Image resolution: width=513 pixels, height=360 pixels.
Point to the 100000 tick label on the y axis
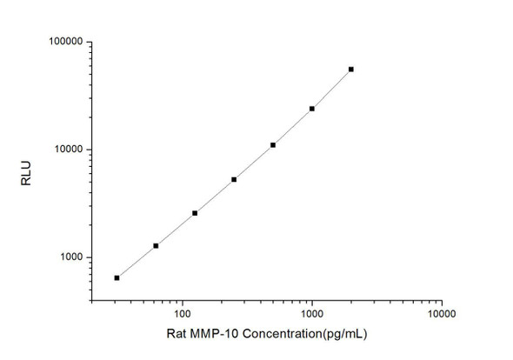[63, 42]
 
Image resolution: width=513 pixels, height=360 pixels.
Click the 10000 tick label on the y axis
[66, 150]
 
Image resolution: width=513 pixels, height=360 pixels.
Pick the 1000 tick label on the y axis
[69, 257]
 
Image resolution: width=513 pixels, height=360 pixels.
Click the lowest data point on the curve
[117, 277]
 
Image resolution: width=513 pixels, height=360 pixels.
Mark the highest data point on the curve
[351, 69]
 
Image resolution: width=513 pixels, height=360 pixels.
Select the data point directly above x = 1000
[312, 109]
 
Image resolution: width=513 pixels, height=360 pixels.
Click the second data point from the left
[156, 245]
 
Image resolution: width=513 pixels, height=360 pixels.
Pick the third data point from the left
[195, 213]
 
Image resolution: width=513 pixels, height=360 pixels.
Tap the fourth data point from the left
[234, 179]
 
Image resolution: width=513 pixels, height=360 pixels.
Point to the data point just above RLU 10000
[273, 144]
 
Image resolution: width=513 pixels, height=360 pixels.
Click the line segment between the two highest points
[331, 89]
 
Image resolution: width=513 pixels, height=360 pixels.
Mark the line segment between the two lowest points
[137, 261]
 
